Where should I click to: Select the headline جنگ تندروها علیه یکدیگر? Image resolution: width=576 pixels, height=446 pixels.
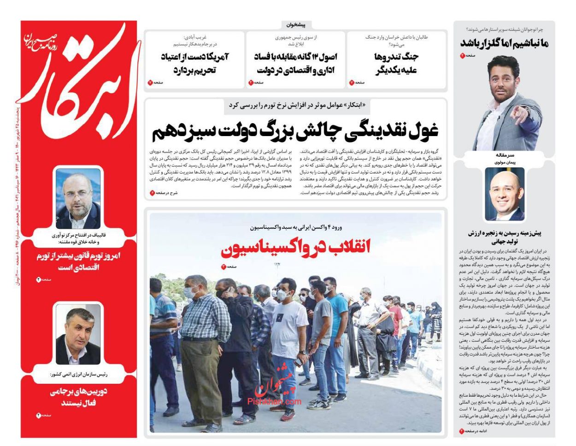click(x=396, y=64)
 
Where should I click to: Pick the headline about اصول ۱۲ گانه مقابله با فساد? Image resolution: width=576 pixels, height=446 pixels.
click(x=295, y=64)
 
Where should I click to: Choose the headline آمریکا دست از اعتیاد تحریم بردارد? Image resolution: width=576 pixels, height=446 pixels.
click(x=195, y=64)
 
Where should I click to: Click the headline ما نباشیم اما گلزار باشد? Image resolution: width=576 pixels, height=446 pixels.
click(x=505, y=43)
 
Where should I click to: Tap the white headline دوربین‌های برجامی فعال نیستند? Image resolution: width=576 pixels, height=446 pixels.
click(x=78, y=397)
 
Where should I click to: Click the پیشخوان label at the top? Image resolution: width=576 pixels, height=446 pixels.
click(x=296, y=25)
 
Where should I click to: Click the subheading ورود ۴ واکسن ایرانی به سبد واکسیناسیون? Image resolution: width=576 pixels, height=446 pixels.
click(x=296, y=227)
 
